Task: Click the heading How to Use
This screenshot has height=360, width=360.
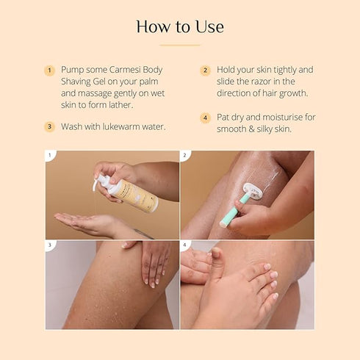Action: point(180,27)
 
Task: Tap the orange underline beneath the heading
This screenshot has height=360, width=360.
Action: point(180,46)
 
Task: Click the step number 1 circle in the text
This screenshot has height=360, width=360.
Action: point(50,71)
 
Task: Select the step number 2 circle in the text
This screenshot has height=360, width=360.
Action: point(206,71)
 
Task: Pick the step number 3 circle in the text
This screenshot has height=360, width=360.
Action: point(50,126)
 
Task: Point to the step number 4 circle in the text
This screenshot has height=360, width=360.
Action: point(206,118)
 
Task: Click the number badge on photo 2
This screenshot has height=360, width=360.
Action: point(185,156)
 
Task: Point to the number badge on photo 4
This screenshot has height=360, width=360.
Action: point(185,245)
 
